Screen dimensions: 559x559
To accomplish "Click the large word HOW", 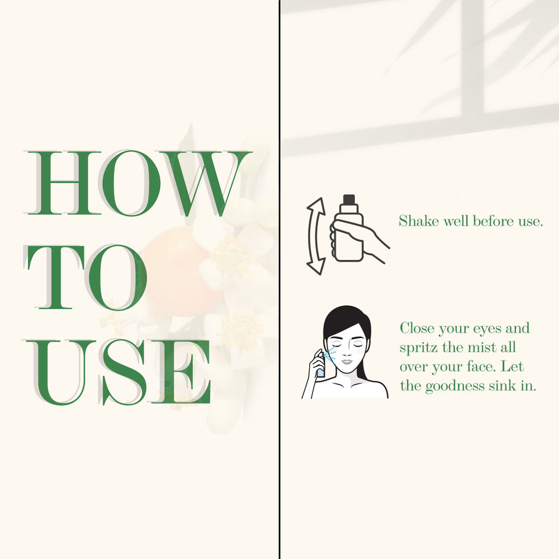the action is tap(138, 183).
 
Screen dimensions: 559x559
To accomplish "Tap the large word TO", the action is tap(86, 277).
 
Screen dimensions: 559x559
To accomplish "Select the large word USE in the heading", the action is tap(117, 372).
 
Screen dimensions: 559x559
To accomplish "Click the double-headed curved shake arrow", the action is tap(316, 236).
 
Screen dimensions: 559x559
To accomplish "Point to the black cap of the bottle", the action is tap(349, 200).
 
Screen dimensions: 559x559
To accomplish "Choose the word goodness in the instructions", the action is tap(455, 386).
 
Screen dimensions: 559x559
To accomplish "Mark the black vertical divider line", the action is tap(280, 279).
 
